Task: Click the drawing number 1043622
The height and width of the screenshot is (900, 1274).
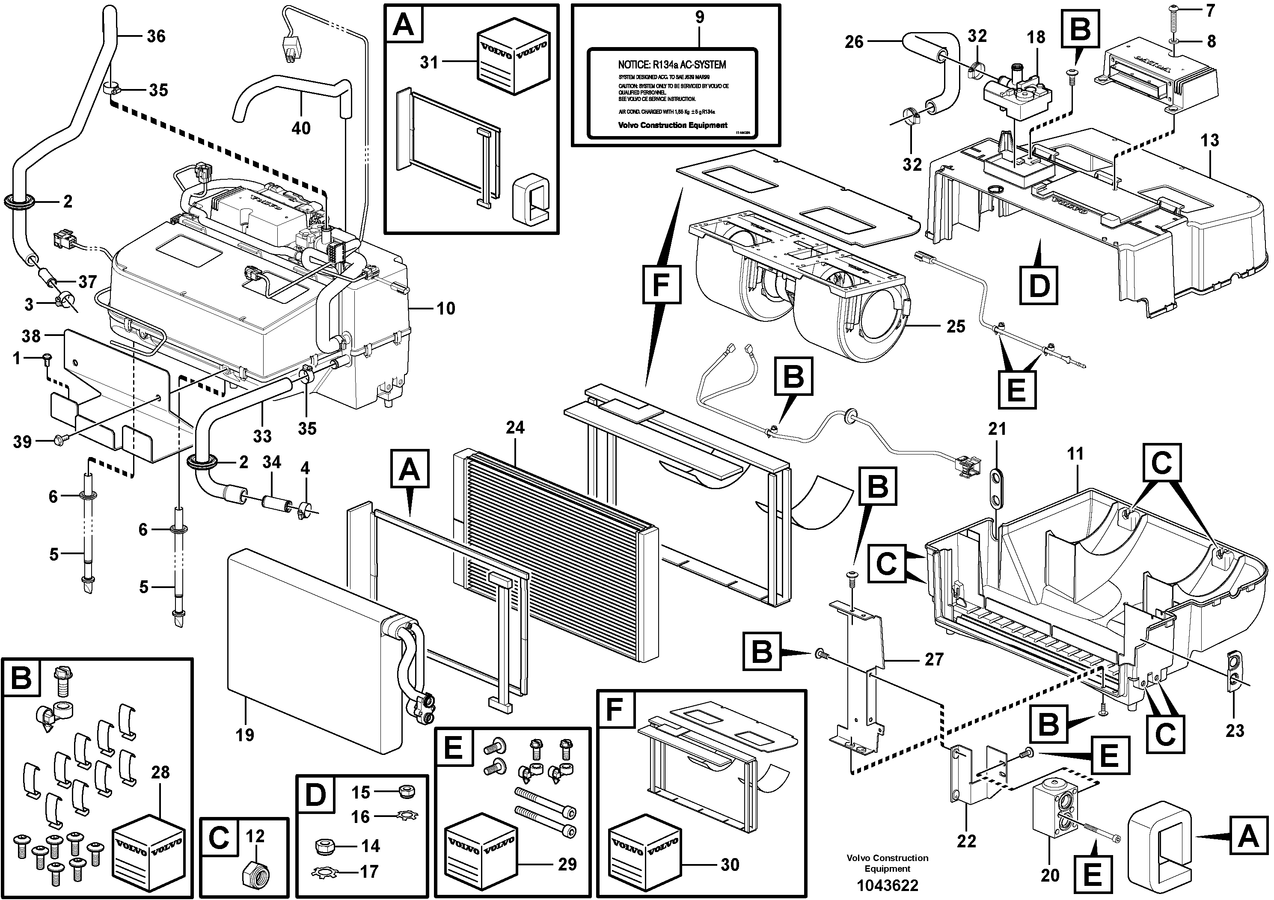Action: [886, 885]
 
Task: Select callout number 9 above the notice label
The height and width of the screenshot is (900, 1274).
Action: [699, 17]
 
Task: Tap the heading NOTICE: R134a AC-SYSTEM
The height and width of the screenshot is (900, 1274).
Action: [671, 65]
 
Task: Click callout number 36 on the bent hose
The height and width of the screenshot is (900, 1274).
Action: [156, 37]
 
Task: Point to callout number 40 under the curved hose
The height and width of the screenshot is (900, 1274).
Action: [301, 128]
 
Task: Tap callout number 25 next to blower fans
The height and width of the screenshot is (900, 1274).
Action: [956, 326]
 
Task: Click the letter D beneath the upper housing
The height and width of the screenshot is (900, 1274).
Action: [1039, 286]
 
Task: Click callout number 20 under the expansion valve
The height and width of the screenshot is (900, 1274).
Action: [1049, 876]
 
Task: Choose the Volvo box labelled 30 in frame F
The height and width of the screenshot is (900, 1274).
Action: [644, 846]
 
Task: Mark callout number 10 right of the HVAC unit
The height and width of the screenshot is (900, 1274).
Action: [445, 309]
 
